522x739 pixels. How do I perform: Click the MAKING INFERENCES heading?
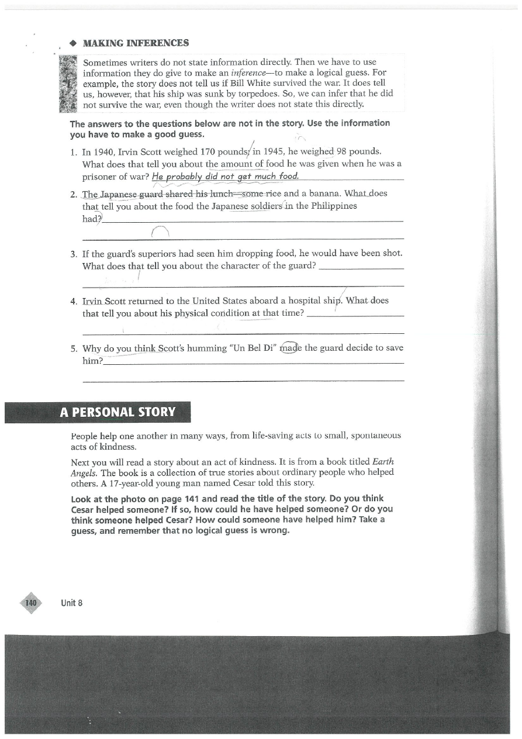coord(136,43)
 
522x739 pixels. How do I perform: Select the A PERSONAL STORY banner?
coord(117,412)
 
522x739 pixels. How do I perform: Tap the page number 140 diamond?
coord(31,603)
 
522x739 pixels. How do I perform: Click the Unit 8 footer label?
coord(71,603)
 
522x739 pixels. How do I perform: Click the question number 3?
coord(74,254)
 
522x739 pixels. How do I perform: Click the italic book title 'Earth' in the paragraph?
coord(383,461)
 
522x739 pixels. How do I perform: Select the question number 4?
coord(74,301)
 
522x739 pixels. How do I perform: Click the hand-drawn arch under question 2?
coord(160,233)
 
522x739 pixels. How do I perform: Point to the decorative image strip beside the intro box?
coord(69,83)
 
